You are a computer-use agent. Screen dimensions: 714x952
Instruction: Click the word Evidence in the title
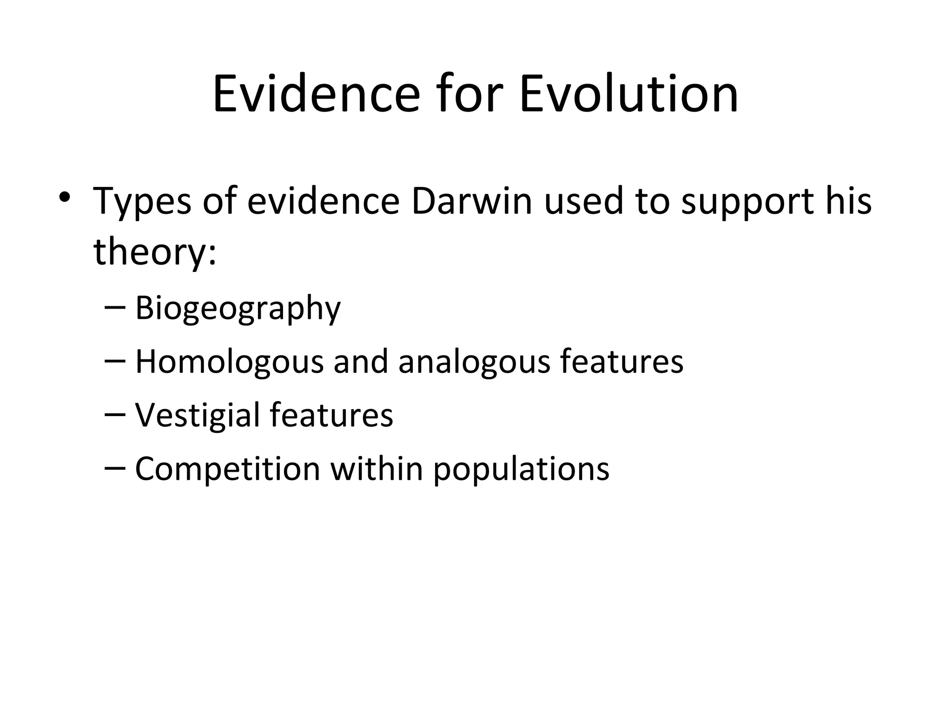click(316, 94)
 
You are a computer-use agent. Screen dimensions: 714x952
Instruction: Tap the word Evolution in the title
click(628, 94)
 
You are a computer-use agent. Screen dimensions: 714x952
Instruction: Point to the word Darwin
click(471, 201)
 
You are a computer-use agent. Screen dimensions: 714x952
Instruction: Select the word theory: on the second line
click(155, 252)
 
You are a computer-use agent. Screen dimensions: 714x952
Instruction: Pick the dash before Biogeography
click(115, 308)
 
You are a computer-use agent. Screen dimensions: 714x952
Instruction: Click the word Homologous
click(229, 361)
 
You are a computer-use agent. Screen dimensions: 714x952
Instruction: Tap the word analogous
click(474, 362)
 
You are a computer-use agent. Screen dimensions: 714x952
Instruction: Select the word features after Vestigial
click(331, 415)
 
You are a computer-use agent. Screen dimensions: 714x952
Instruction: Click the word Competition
click(227, 468)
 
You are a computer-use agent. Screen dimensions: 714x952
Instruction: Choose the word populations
click(521, 469)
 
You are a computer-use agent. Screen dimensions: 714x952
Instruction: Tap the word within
click(376, 468)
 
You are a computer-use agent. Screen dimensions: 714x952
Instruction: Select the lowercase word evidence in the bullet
click(323, 201)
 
